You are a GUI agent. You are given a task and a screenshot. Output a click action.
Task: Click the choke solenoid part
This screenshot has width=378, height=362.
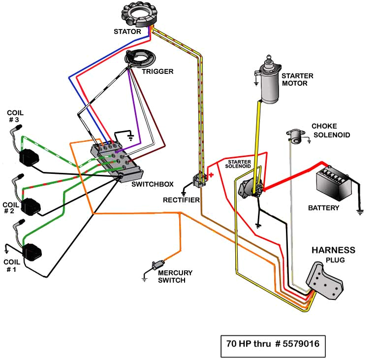pyautogui.click(x=295, y=135)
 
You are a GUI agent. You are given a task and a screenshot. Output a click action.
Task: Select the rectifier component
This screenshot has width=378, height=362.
pyautogui.click(x=199, y=180)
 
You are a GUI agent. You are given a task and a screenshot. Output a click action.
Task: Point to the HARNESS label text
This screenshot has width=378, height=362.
pyautogui.click(x=333, y=250)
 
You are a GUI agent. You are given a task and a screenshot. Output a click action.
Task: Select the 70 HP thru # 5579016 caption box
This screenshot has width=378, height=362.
pyautogui.click(x=273, y=343)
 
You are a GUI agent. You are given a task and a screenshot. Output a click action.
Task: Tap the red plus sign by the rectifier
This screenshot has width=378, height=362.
pyautogui.click(x=212, y=174)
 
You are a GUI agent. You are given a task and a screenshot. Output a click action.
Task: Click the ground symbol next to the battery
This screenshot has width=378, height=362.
pyautogui.click(x=360, y=212)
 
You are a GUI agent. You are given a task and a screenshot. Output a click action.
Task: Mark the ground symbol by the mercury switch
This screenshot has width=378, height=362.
pyautogui.click(x=145, y=279)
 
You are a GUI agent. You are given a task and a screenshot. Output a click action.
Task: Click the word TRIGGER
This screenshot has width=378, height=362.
pyautogui.click(x=157, y=71)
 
